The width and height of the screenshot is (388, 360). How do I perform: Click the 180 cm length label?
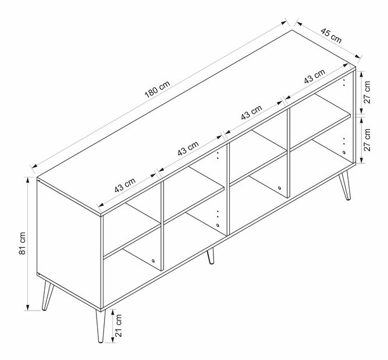(158, 89)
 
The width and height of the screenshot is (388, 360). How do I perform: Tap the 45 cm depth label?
(331, 35)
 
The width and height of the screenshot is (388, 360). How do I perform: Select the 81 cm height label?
(22, 243)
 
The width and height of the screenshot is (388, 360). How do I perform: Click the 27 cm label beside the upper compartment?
(367, 92)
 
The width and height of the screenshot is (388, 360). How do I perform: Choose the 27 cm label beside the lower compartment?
(367, 140)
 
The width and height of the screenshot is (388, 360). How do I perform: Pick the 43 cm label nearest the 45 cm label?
(315, 76)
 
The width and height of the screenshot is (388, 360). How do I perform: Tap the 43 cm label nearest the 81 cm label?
(125, 185)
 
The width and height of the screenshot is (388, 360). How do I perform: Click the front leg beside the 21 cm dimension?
(101, 326)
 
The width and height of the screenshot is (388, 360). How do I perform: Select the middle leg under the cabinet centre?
(211, 256)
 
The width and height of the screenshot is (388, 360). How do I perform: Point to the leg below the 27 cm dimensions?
(345, 184)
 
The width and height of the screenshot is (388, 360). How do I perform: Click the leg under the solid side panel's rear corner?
(48, 295)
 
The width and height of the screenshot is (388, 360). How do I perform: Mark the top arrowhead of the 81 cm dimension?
(28, 180)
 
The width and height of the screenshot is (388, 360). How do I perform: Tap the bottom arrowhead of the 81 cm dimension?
(28, 308)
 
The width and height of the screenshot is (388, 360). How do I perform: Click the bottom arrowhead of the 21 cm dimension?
(113, 340)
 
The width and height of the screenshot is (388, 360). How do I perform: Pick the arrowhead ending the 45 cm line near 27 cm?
(357, 56)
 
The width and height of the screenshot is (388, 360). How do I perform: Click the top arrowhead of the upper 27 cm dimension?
(361, 74)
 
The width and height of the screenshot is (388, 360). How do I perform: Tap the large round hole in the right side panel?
(344, 152)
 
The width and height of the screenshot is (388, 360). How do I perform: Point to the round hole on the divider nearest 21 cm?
(153, 261)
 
